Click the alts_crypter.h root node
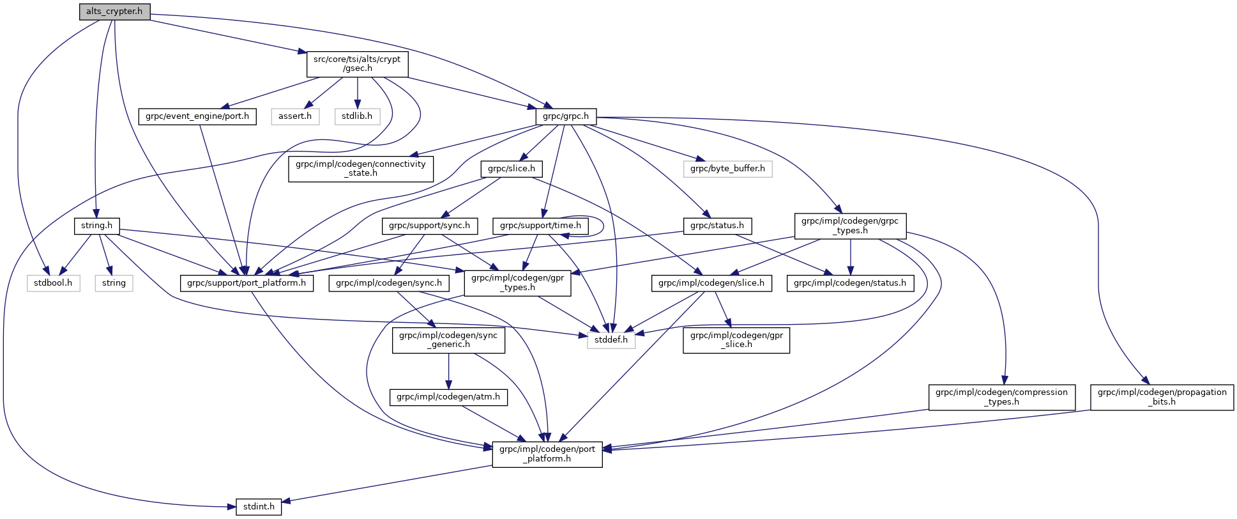coord(114,12)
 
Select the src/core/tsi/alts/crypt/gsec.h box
coord(357,63)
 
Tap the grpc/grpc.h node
coord(566,116)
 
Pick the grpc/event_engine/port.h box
coord(197,116)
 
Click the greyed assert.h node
coord(295,116)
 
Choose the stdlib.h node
coord(357,116)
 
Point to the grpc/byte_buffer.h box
coord(728,169)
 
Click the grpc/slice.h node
coord(512,169)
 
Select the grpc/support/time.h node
coord(540,226)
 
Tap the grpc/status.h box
coord(718,226)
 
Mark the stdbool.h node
coord(53,283)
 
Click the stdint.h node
coord(259,507)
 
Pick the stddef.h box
coord(611,340)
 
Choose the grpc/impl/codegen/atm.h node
coord(448,397)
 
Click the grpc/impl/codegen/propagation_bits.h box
coord(1162,397)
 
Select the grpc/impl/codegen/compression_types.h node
coord(1001,397)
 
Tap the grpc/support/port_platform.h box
coord(247,283)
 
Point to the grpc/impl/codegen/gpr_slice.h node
coord(736,339)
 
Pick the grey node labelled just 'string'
coord(114,283)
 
